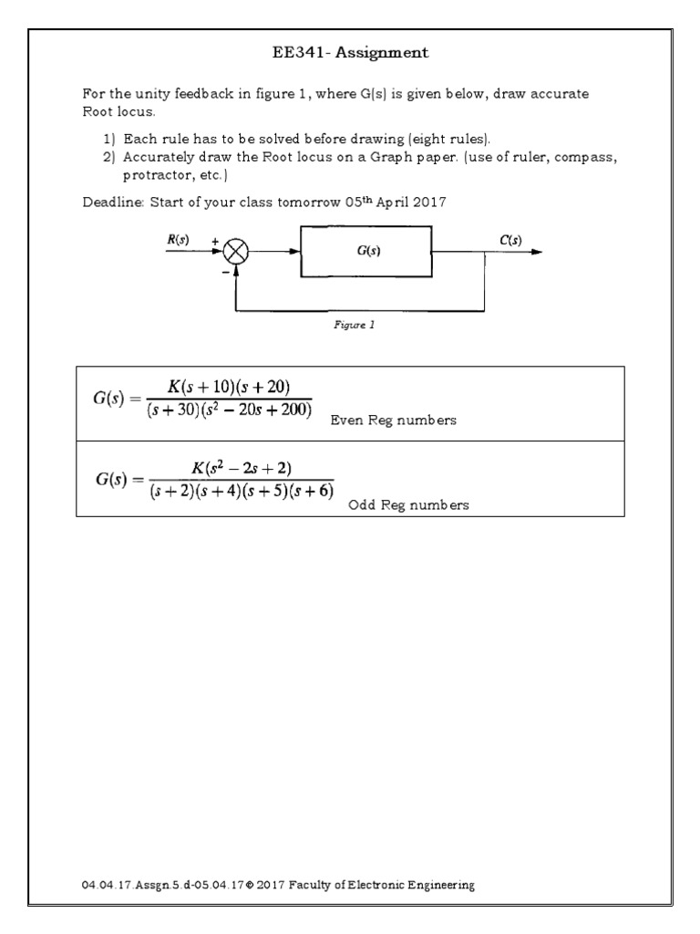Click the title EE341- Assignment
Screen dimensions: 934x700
coord(350,53)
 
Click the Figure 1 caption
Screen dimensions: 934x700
coord(354,324)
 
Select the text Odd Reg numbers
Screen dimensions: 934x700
coord(409,505)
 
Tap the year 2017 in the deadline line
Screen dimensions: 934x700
coord(426,202)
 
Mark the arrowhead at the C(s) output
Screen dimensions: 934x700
coord(537,253)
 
